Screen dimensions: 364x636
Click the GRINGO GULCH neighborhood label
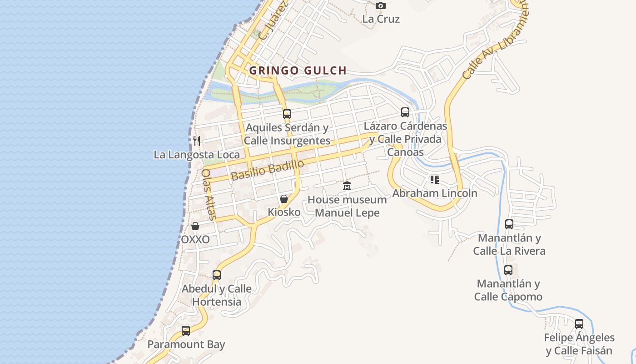pyautogui.click(x=298, y=71)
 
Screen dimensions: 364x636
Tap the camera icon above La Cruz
pyautogui.click(x=381, y=5)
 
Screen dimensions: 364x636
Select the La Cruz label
pyautogui.click(x=381, y=19)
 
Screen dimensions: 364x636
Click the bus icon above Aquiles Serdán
pyautogui.click(x=287, y=114)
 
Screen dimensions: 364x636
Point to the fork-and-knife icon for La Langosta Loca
pyautogui.click(x=197, y=141)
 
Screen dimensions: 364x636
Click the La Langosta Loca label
pyautogui.click(x=197, y=155)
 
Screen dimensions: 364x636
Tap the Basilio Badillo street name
pyautogui.click(x=267, y=171)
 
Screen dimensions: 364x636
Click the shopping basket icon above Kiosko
pyautogui.click(x=284, y=199)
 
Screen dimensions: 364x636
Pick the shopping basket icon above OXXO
pyautogui.click(x=195, y=226)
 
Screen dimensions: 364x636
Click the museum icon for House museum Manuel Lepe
pyautogui.click(x=347, y=186)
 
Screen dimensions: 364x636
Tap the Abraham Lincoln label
pyautogui.click(x=435, y=193)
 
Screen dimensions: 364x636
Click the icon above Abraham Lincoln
pyautogui.click(x=435, y=180)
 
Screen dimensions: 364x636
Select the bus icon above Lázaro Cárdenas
pyautogui.click(x=405, y=112)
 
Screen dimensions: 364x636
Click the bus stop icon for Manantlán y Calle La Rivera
pyautogui.click(x=509, y=224)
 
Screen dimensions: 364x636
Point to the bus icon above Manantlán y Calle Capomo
pyautogui.click(x=508, y=270)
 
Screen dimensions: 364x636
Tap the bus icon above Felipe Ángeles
pyautogui.click(x=579, y=324)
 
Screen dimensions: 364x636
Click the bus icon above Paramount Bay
pyautogui.click(x=186, y=331)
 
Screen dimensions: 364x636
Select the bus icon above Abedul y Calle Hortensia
pyautogui.click(x=217, y=275)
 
